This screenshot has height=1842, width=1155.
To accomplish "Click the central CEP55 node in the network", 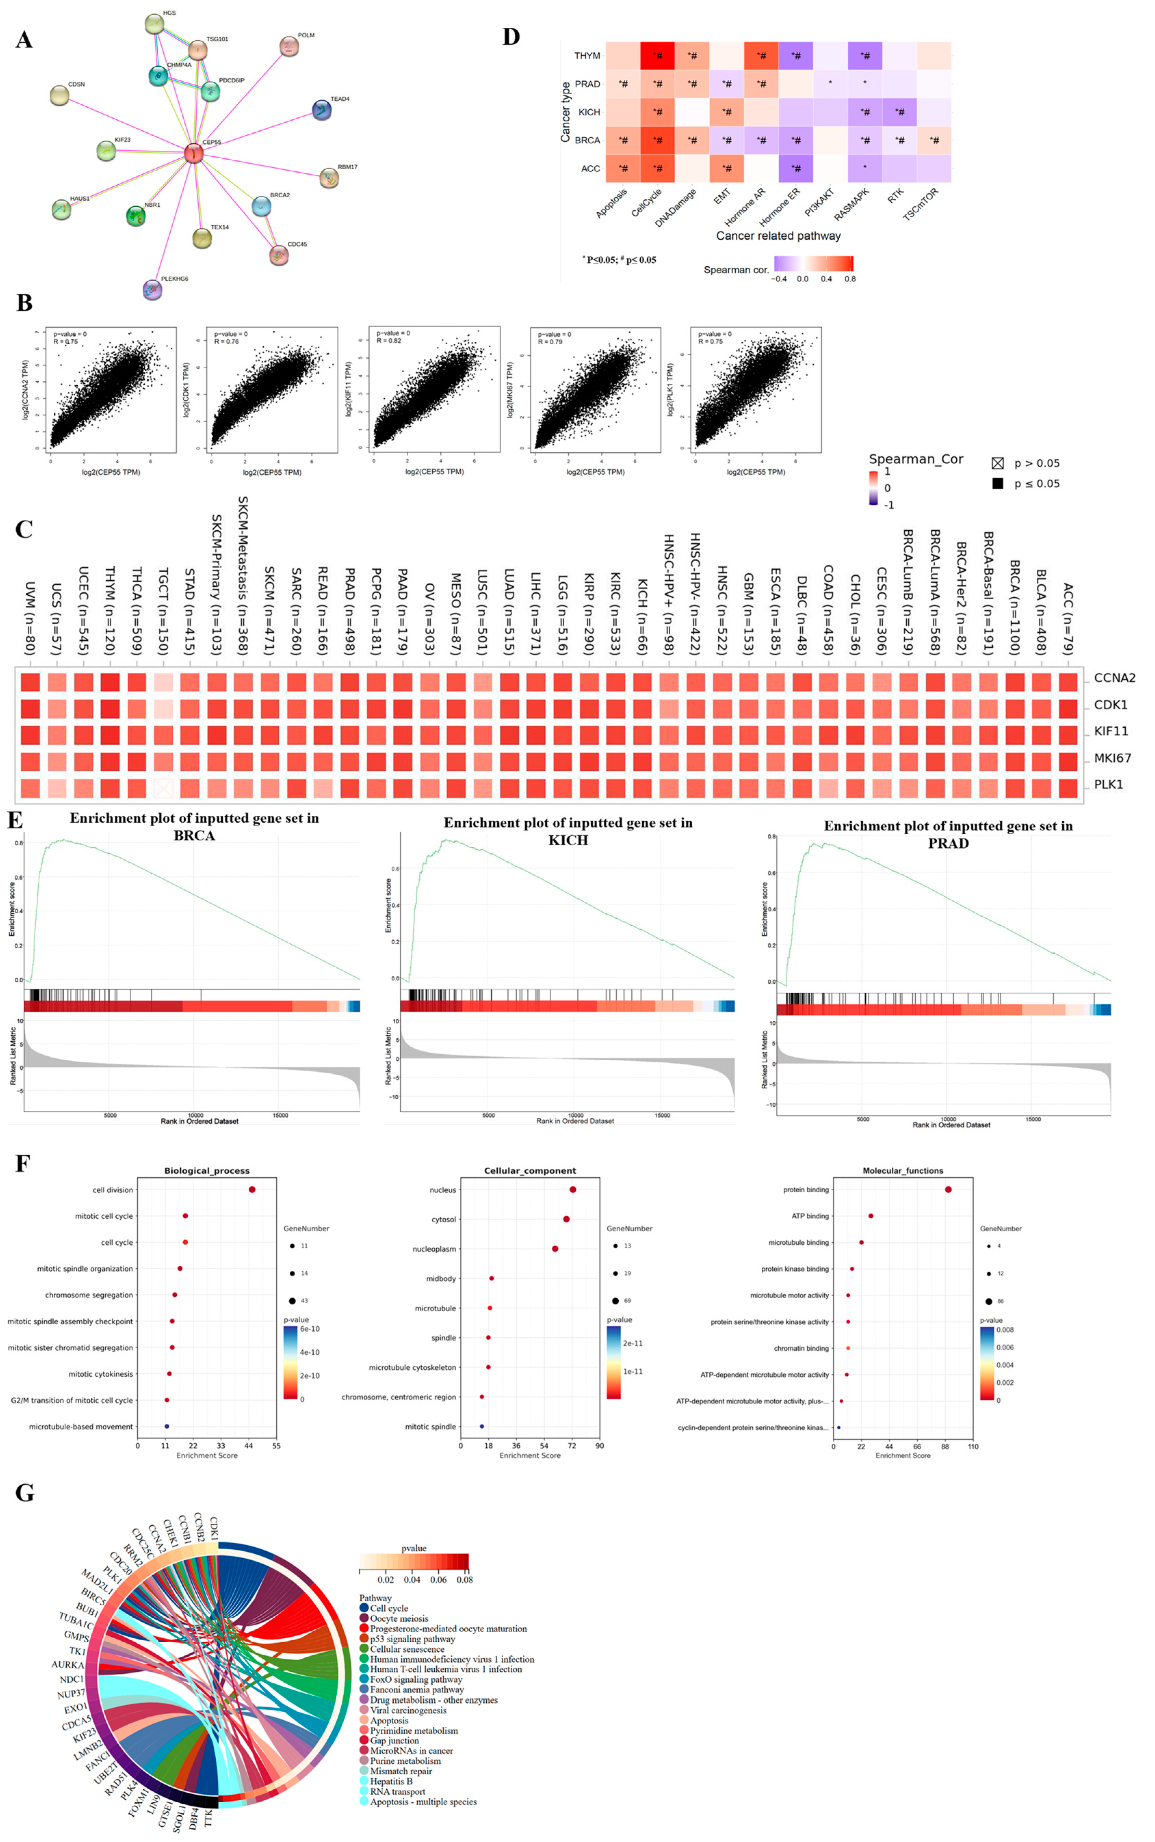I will [193, 154].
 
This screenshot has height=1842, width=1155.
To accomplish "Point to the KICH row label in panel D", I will [589, 112].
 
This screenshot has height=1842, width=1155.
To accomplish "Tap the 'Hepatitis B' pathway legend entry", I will [391, 1781].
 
